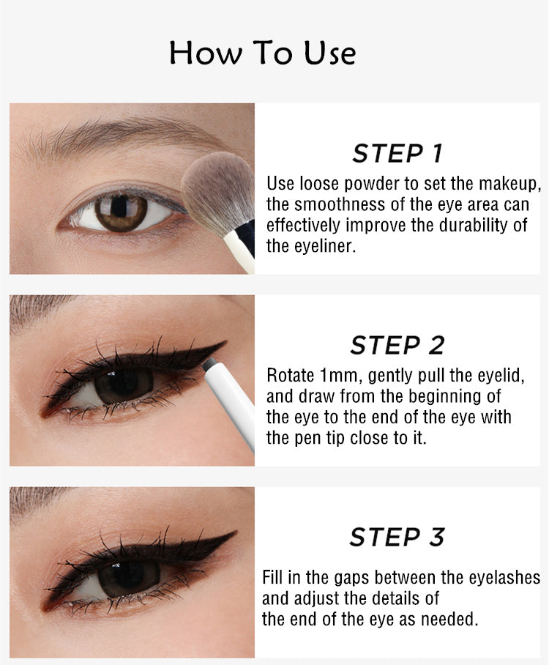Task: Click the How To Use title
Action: tap(263, 53)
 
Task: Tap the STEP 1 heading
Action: tap(397, 154)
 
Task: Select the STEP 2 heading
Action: tap(397, 345)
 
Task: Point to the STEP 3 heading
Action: tap(397, 537)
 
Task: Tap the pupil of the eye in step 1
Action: tap(121, 212)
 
